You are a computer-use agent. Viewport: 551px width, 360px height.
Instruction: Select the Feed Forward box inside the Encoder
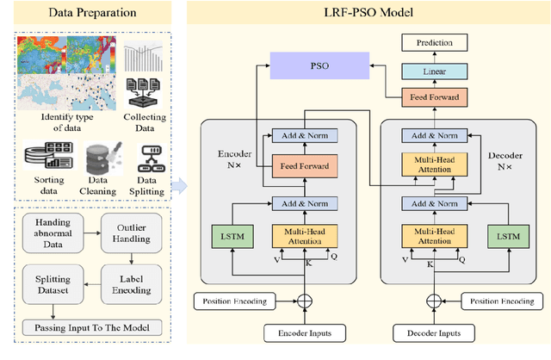[x=303, y=164]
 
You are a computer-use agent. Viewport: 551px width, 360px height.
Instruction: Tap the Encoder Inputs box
[x=303, y=332]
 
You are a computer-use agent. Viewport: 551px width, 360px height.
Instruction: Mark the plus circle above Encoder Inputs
[x=303, y=301]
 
